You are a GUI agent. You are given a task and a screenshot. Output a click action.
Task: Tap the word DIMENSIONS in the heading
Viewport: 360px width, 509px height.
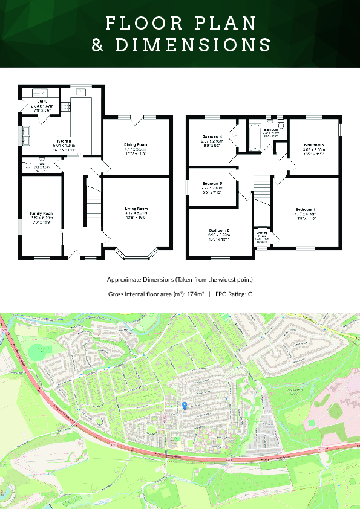pos(180,45)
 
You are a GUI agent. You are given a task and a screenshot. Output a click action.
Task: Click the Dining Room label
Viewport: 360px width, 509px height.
pos(136,145)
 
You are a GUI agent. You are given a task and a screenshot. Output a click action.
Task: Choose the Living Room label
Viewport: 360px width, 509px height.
pos(136,208)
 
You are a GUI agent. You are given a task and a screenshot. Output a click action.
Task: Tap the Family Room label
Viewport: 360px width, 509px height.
pos(42,213)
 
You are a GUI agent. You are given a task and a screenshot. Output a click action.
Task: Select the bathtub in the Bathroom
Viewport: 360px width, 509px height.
pos(253,137)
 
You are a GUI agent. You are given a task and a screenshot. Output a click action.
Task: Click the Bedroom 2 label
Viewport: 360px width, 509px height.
pos(219,230)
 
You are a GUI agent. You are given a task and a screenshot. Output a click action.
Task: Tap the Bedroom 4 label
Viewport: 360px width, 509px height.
pos(212,137)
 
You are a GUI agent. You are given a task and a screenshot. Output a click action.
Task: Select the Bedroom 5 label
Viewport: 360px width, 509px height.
pos(212,183)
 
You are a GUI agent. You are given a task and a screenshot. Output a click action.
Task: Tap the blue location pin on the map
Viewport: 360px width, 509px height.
pos(185,405)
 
